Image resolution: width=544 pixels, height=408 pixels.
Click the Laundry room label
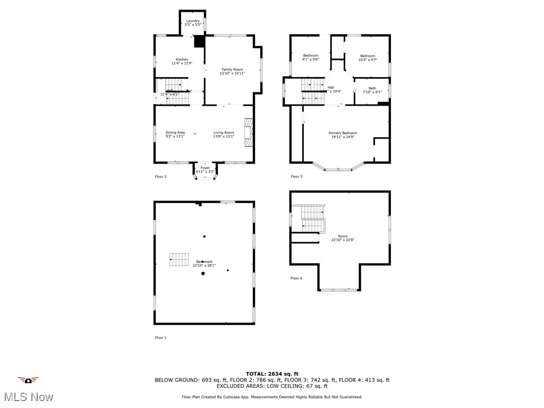tap(192, 21)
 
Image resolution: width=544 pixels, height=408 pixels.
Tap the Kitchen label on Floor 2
tap(182, 59)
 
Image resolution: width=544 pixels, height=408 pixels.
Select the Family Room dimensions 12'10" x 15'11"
tap(232, 73)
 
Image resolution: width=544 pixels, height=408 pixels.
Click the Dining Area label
tap(175, 133)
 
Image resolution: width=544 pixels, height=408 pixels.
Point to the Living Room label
tap(224, 133)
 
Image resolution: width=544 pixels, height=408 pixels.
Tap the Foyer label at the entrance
tap(205, 168)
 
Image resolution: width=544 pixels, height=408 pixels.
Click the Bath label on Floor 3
tap(372, 88)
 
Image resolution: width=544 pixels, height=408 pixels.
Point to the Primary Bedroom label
tap(343, 133)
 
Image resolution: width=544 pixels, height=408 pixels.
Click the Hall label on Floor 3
tap(330, 88)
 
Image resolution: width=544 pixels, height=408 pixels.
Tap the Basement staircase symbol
tap(179, 259)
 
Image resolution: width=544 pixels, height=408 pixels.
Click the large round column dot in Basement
tap(203, 274)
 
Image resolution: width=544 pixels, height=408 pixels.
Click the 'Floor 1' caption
tap(160, 337)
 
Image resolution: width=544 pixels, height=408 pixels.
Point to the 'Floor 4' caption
tap(296, 278)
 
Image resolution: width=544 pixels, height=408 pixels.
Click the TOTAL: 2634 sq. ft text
tap(272, 373)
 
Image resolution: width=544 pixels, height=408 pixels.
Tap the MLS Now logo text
tap(29, 397)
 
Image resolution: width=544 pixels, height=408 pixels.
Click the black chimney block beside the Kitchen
tap(200, 41)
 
